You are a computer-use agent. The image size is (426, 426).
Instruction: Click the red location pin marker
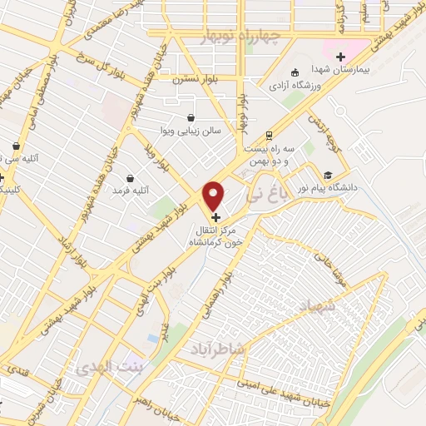pyautogui.click(x=215, y=195)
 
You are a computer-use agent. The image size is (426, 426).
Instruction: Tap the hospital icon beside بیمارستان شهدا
pyautogui.click(x=339, y=57)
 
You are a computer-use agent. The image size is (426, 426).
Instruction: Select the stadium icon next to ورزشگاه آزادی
pyautogui.click(x=296, y=72)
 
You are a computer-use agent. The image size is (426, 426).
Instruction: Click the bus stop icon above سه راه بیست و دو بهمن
pyautogui.click(x=268, y=135)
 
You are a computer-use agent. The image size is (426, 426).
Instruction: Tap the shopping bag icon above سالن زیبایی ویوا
pyautogui.click(x=192, y=117)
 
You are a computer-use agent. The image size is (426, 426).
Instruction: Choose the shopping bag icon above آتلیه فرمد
pyautogui.click(x=130, y=177)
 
